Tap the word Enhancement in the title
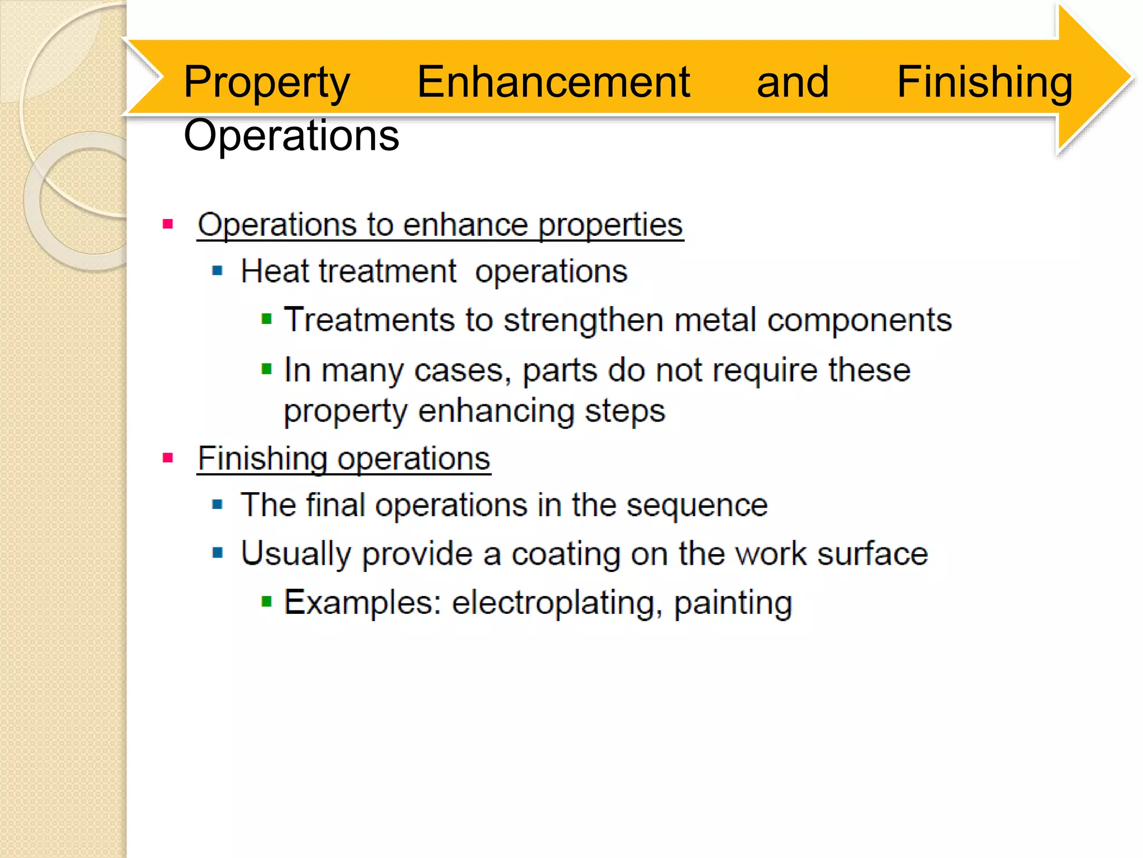point(553,82)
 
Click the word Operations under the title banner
point(291,136)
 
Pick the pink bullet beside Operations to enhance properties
point(167,225)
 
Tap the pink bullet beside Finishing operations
point(167,459)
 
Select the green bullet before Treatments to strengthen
point(267,320)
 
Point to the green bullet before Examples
point(267,602)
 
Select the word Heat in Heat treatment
point(275,272)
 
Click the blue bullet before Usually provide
point(218,554)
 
